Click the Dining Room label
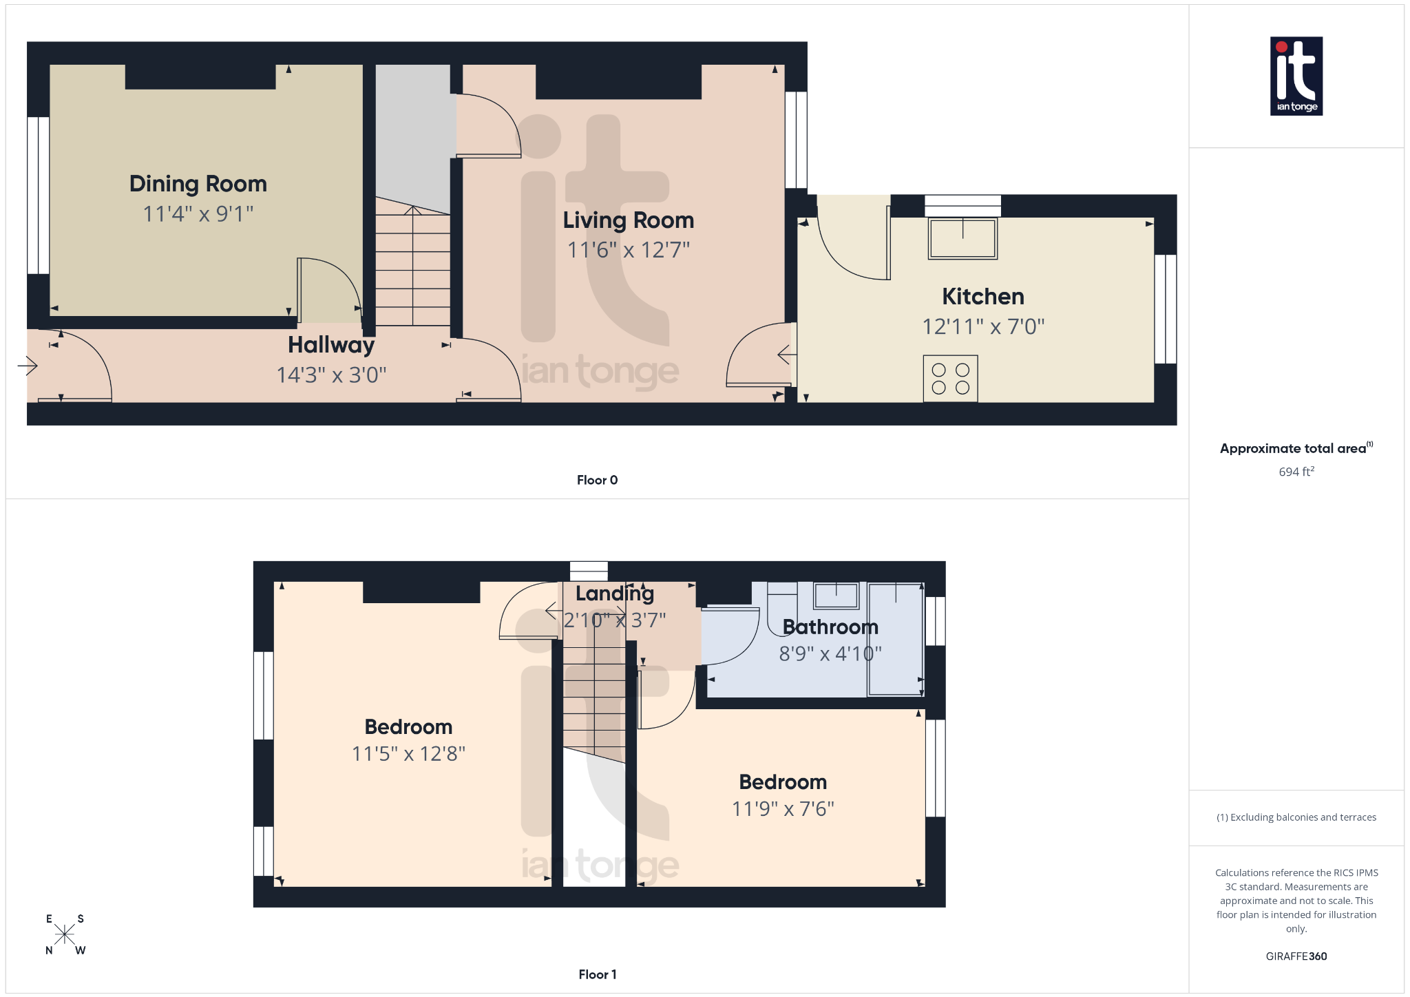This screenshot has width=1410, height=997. pos(198,184)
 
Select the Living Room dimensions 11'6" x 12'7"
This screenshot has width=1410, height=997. pos(628,249)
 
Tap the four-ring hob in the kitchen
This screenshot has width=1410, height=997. pos(950,379)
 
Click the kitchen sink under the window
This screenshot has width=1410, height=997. pos(962,238)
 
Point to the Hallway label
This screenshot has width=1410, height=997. pos(331,344)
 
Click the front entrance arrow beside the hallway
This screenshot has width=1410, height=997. pos(28,366)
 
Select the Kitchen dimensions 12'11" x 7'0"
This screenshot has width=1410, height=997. pos(983,326)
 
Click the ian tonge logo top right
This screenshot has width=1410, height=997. pos(1296,76)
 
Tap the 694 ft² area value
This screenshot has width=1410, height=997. pos(1296,472)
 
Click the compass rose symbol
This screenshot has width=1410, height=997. pos(65,934)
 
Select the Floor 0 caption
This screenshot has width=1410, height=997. pos(597,480)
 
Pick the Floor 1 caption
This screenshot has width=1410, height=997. pos(597,974)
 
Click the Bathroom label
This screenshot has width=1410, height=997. pos(830,627)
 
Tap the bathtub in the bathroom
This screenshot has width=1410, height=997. pos(895,639)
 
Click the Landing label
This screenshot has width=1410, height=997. pos(614,594)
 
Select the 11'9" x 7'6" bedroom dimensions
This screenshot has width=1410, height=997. pos(783,809)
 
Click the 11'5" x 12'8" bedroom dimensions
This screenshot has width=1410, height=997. pos(408,754)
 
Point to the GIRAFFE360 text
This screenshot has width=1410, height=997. pos(1296,956)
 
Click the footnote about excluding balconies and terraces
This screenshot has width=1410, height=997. pos(1296,817)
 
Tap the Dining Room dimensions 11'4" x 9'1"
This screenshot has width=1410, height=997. pos(198,214)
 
